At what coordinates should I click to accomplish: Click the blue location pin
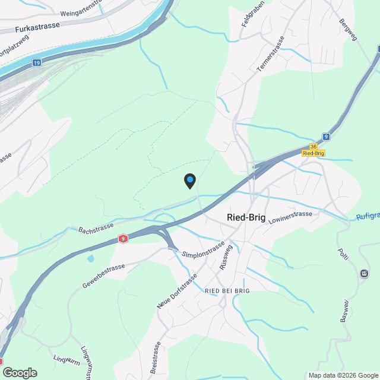coord(189,180)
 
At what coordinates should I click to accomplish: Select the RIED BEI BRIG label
coord(226,290)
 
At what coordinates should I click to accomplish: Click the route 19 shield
coord(37,62)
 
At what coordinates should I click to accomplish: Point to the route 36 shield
coord(313,146)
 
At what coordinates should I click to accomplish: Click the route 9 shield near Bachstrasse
coord(122,239)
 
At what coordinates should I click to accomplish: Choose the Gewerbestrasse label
coord(104,276)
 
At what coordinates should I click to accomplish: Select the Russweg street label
coord(224,256)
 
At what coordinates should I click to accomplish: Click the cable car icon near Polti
coord(363,273)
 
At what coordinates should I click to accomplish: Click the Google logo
coord(20,373)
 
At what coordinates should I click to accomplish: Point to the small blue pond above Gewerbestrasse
coord(90,258)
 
